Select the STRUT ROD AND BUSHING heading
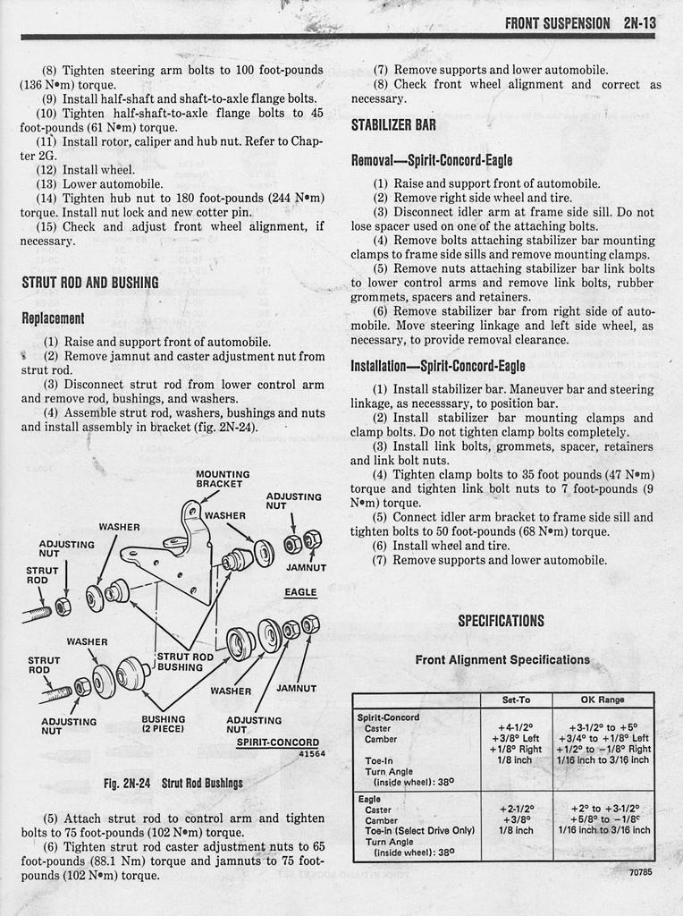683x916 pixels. [89, 283]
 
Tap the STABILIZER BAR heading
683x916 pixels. [393, 125]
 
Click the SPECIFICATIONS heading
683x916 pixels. [502, 621]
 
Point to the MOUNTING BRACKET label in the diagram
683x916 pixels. [223, 479]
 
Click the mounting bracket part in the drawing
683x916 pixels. [174, 555]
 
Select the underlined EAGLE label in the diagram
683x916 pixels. [300, 592]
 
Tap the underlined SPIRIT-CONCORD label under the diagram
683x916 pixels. [277, 742]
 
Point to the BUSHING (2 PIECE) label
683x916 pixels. [164, 724]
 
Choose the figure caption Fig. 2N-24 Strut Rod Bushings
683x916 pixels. [173, 784]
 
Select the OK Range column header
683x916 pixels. [603, 700]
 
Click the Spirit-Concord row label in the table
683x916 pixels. [388, 717]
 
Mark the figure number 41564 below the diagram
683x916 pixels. [311, 754]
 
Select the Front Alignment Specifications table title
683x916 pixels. [502, 660]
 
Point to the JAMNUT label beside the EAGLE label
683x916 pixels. [306, 567]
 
